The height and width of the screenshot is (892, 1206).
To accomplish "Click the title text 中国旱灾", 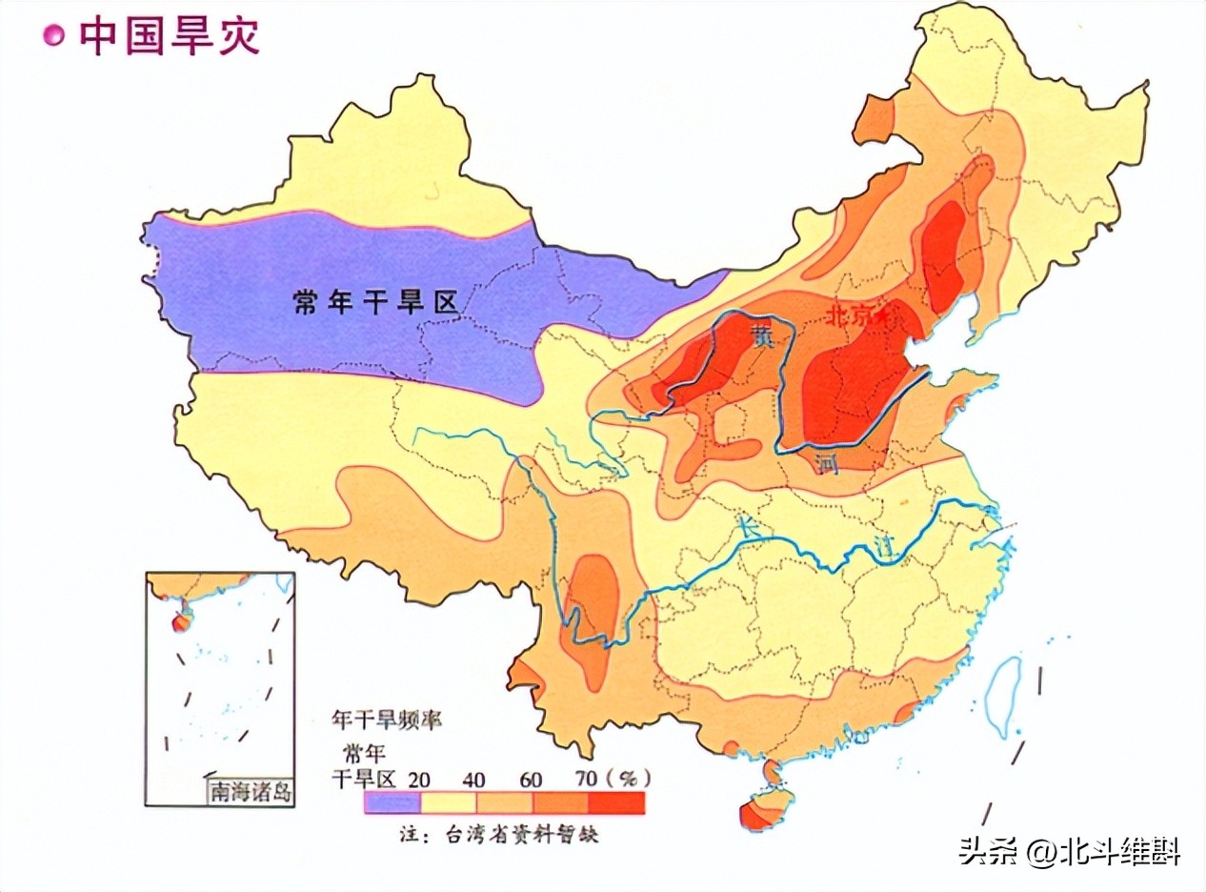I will coord(170,36).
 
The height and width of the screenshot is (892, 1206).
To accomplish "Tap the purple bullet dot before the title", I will coord(54,36).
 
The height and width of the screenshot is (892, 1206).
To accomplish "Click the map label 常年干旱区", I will coord(375,302).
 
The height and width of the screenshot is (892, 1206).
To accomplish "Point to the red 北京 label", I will coord(850,317).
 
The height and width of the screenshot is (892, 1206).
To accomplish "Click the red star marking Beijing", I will coord(883,314).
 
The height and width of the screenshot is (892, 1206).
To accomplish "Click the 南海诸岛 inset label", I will coord(251,790).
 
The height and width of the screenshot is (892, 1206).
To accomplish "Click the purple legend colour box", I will coord(392,803).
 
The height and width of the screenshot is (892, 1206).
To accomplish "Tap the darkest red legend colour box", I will coord(616,803).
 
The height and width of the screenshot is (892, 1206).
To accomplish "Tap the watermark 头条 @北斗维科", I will coord(1069,849).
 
